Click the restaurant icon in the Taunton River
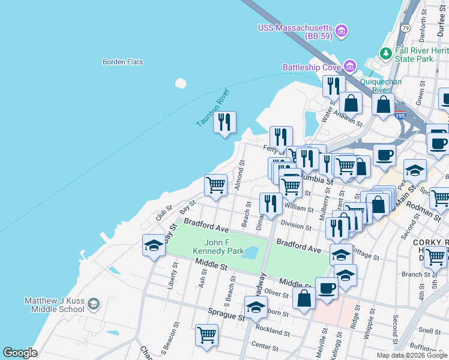(x=224, y=122)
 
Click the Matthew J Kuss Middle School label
(x=54, y=305)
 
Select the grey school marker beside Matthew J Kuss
(x=92, y=305)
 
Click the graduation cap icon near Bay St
(x=154, y=245)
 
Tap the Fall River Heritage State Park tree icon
(x=385, y=54)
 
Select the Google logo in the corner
(x=20, y=353)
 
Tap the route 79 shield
(x=406, y=28)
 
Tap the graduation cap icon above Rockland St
(x=256, y=307)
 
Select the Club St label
(x=164, y=212)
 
